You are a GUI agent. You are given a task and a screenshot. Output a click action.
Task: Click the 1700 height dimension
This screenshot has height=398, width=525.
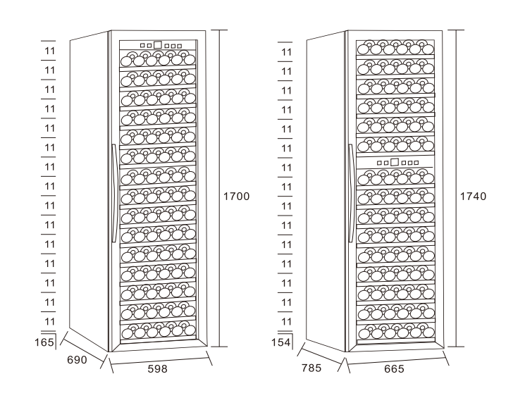[236, 196]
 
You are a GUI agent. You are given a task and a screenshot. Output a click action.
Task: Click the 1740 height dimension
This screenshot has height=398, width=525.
[473, 196]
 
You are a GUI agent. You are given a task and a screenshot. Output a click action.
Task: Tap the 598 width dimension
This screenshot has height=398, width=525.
[157, 369]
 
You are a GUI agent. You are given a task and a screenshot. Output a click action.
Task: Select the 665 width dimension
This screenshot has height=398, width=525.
[394, 369]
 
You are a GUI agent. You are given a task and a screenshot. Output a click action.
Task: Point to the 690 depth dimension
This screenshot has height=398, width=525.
[77, 360]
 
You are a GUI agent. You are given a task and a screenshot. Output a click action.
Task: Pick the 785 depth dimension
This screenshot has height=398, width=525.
[311, 368]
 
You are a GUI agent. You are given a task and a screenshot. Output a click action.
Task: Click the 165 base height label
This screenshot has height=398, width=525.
[44, 342]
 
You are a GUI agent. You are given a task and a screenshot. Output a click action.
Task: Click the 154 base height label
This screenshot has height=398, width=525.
[280, 342]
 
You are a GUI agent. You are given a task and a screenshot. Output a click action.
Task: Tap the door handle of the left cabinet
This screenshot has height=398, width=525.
[114, 193]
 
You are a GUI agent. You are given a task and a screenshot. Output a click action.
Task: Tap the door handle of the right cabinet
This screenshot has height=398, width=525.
[350, 193]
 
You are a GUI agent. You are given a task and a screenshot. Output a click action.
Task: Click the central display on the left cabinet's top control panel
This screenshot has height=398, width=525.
[158, 45]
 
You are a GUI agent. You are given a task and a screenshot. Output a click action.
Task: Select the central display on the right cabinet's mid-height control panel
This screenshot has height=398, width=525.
[395, 162]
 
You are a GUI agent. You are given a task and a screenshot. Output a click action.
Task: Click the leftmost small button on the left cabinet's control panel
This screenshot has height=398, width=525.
[142, 45]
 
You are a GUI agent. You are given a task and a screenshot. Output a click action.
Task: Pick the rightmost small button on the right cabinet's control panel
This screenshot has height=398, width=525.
[416, 163]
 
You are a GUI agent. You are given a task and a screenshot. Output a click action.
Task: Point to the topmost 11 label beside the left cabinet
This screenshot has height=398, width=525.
[49, 51]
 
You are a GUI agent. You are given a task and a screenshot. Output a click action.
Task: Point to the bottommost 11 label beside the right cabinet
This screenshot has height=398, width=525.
[286, 322]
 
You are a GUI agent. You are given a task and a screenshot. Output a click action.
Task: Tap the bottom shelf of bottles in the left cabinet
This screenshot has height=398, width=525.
[159, 330]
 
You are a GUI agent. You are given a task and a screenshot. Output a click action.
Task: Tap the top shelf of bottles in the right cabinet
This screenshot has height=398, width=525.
[395, 47]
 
